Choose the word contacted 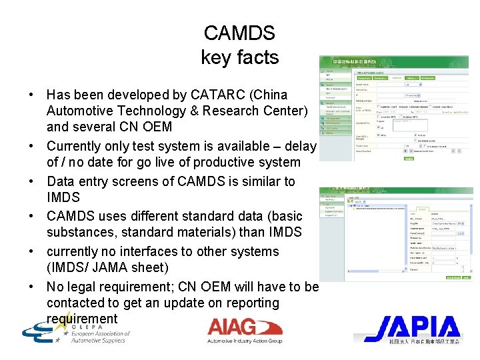76,303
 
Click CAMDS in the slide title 239,33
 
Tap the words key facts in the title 239,57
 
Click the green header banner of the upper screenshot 393,62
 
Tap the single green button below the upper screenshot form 408,158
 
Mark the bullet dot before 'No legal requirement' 32,287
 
